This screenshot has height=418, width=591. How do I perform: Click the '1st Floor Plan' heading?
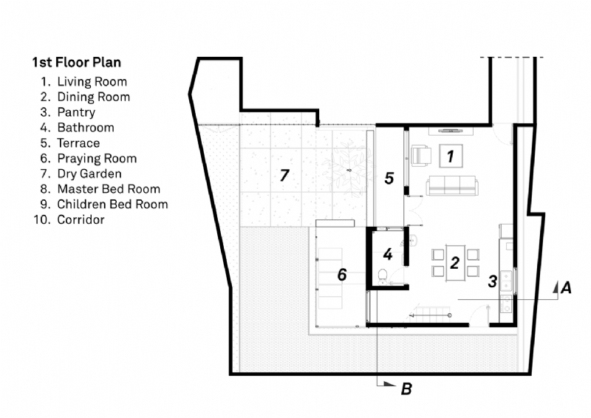77,62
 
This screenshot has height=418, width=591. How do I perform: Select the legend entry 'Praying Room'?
97,159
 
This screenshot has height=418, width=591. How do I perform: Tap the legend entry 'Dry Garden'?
89,174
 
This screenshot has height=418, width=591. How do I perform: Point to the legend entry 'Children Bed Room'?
112,205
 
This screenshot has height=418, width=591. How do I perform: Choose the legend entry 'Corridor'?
81,220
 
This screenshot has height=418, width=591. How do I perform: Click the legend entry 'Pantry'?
76,112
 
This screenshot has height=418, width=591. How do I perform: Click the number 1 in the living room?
451,156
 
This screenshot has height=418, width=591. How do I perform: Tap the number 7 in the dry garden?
284,175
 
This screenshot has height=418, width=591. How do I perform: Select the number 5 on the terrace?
389,178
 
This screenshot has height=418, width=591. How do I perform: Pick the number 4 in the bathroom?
388,254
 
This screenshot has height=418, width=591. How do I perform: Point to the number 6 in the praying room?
342,275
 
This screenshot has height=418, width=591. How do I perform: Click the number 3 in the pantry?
492,281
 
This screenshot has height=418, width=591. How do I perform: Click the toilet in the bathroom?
382,276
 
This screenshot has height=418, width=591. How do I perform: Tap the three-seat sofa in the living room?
452,185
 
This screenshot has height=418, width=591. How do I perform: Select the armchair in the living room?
420,155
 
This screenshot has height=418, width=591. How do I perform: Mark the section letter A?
566,288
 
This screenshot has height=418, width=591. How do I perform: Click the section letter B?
406,388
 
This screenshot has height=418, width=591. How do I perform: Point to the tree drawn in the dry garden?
349,170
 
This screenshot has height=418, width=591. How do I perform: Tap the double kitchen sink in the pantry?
505,281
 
